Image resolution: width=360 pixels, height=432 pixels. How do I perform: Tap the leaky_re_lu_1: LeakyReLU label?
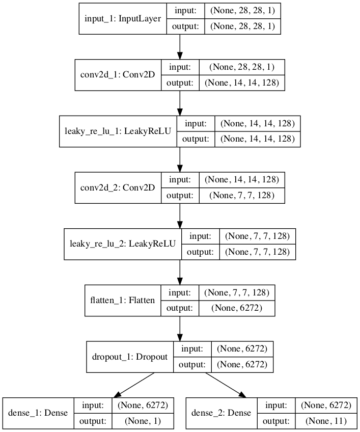pyautogui.click(x=118, y=131)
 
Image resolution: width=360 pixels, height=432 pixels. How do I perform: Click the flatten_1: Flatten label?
pyautogui.click(x=122, y=300)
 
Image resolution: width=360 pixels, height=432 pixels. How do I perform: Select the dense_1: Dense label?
pyautogui.click(x=38, y=413)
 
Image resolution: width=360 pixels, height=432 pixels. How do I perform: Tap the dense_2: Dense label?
pyautogui.click(x=221, y=413)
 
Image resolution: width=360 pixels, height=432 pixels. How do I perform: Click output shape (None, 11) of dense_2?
pyautogui.click(x=325, y=421)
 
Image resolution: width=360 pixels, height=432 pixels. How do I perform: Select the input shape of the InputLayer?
pyautogui.click(x=242, y=11)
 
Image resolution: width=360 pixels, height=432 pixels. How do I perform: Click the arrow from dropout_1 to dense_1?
pyautogui.click(x=133, y=385)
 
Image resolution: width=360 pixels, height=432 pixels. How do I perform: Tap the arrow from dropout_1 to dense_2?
pyautogui.click(x=226, y=385)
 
